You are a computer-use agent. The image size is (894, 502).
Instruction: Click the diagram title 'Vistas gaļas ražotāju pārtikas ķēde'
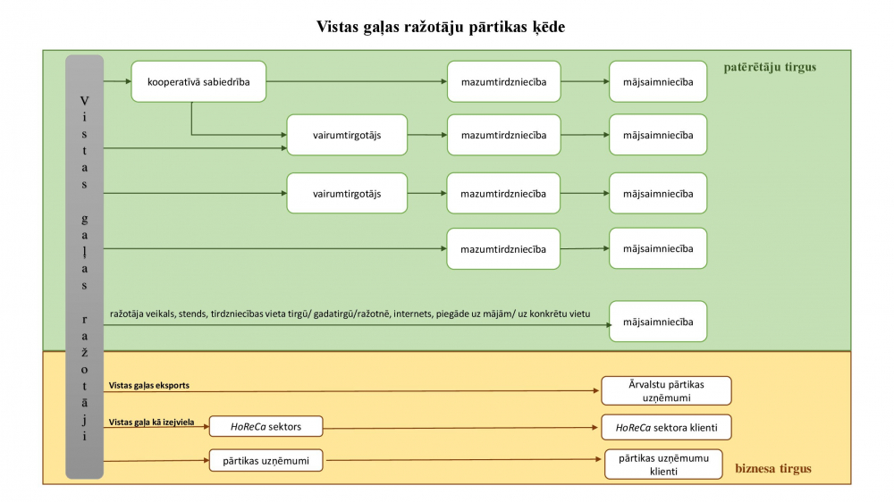click(441, 27)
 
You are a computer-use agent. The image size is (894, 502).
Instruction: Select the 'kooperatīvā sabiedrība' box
click(198, 81)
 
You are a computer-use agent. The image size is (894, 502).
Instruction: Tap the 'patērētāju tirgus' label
click(770, 67)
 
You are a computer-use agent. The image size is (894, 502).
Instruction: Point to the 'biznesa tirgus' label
click(773, 468)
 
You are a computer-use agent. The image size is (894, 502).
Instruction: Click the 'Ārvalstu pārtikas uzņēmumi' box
click(666, 391)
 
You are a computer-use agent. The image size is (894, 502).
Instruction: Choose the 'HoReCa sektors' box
click(266, 426)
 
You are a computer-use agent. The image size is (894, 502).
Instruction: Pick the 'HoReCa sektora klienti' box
click(666, 427)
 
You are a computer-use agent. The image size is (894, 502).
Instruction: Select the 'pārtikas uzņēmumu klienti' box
click(663, 464)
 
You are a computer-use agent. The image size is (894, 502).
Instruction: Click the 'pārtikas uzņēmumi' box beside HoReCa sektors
click(266, 460)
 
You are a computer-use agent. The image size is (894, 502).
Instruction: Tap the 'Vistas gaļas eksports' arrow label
click(148, 385)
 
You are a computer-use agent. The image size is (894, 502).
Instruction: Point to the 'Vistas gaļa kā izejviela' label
click(152, 423)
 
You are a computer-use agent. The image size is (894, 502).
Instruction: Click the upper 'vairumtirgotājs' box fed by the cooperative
click(347, 135)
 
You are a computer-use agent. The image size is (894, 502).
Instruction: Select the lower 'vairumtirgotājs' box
click(347, 194)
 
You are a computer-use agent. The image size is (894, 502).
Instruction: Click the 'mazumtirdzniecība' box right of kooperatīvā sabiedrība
click(503, 81)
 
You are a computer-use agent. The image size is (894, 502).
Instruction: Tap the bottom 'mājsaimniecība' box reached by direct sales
click(658, 322)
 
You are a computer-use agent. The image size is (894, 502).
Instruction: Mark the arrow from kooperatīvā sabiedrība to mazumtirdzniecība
click(357, 81)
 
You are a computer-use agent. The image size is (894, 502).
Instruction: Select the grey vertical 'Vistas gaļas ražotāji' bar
click(84, 267)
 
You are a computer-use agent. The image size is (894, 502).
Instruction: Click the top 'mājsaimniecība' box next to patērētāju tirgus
click(658, 81)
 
